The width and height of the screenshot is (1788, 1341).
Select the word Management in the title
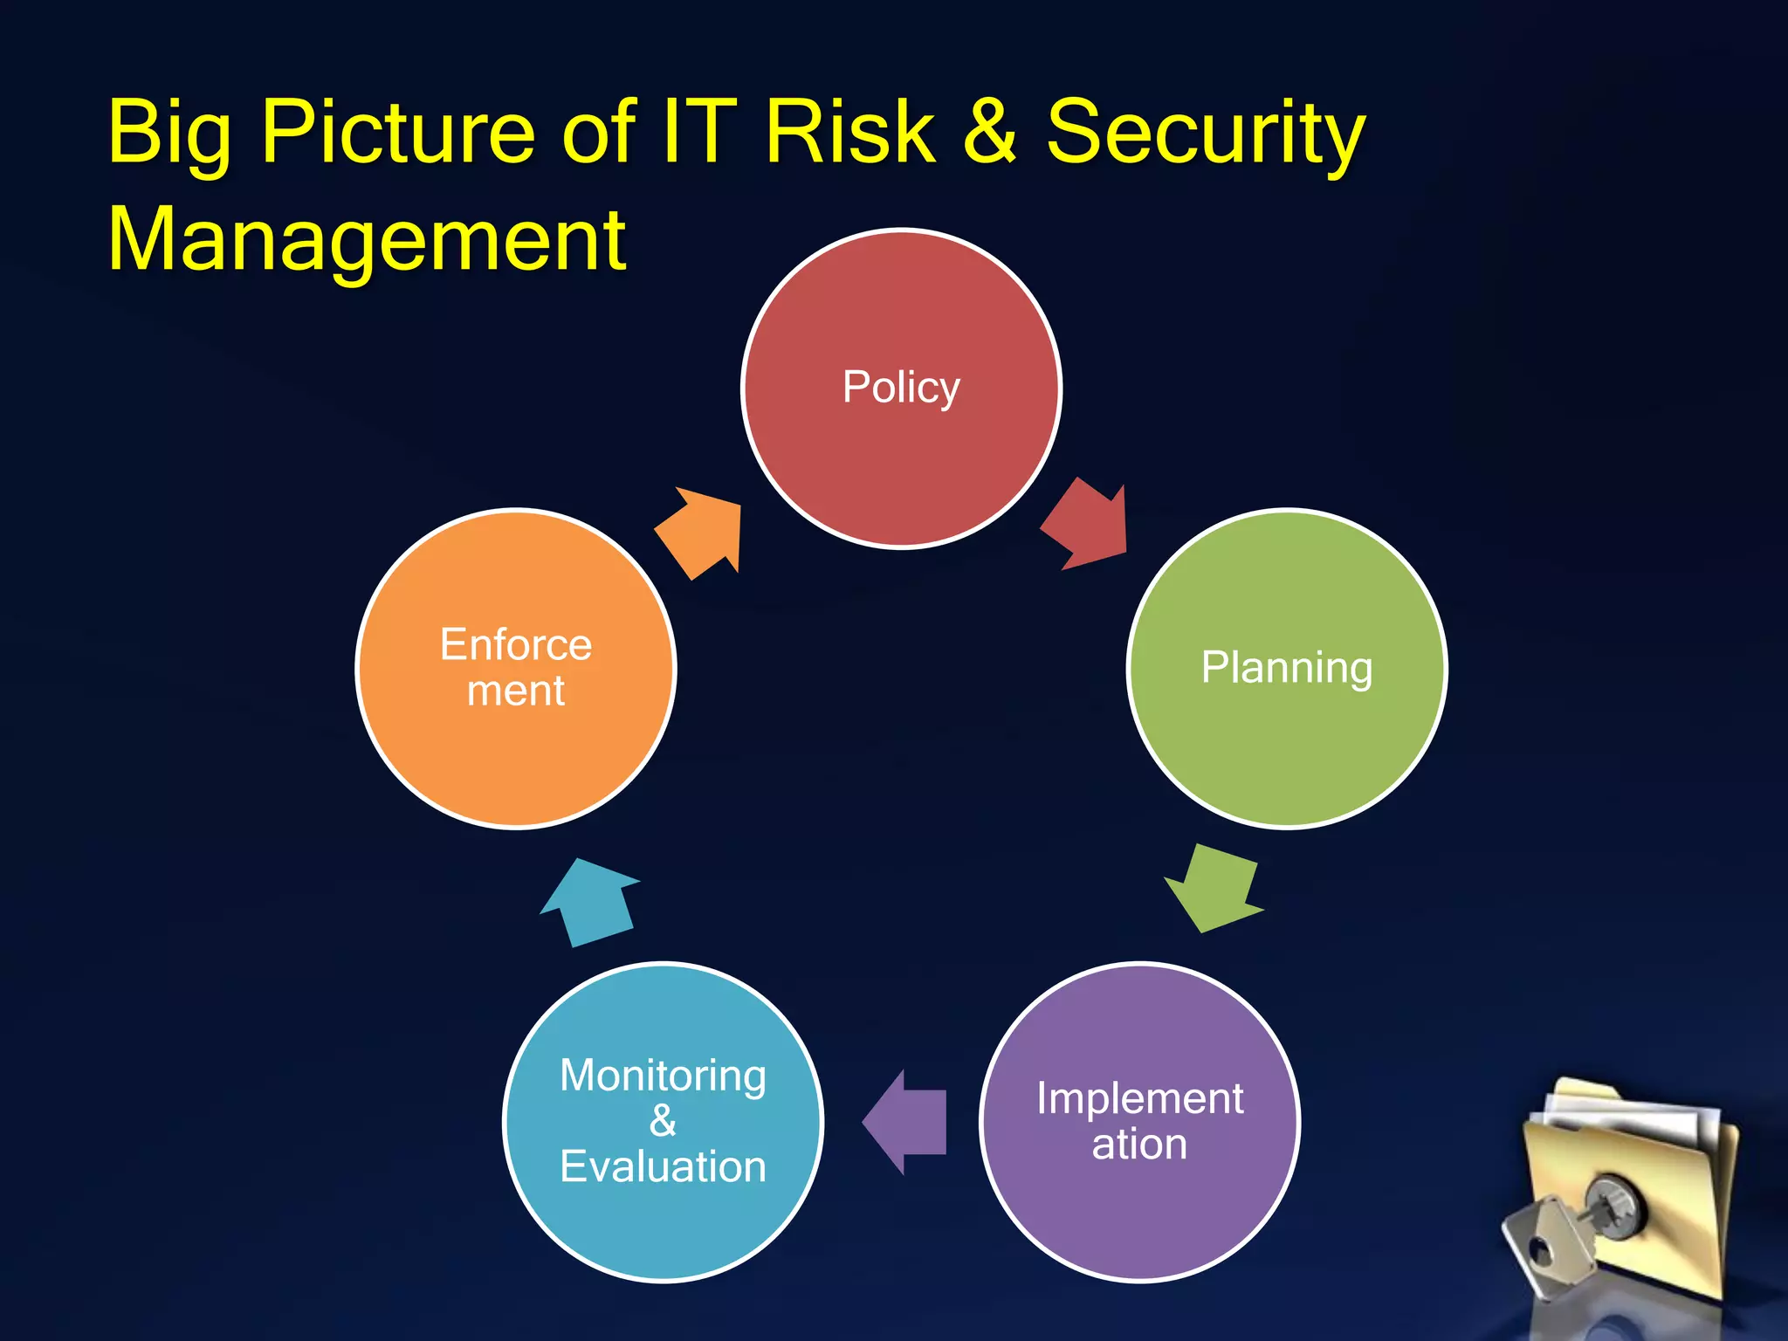coord(367,240)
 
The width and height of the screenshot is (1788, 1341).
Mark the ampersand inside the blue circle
coord(663,1121)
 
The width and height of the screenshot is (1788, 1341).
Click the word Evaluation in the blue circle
coord(663,1167)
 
